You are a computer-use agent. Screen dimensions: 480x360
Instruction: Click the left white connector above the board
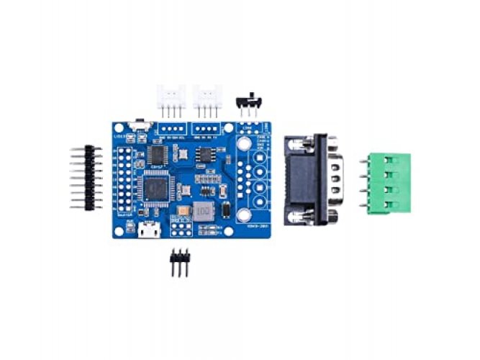(171, 97)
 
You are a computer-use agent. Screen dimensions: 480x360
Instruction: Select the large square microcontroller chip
(155, 189)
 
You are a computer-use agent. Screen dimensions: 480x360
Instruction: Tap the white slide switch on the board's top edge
(141, 126)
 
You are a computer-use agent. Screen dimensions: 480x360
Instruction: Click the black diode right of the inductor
(225, 212)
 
